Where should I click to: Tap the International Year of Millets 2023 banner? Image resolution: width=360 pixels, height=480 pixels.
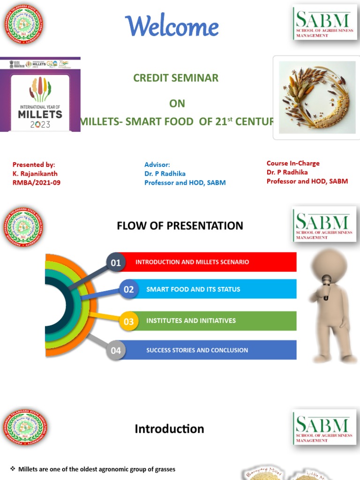click(x=40, y=94)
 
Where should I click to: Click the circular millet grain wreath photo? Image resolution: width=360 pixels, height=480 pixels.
click(x=314, y=97)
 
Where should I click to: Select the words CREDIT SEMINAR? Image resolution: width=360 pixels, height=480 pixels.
click(x=176, y=78)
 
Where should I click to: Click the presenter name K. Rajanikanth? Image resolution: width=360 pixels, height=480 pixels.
click(x=35, y=173)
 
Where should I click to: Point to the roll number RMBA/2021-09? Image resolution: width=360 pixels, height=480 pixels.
click(x=37, y=182)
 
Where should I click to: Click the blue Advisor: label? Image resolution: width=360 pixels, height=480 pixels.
click(x=157, y=165)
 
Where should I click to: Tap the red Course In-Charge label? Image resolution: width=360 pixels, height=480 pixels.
click(x=293, y=163)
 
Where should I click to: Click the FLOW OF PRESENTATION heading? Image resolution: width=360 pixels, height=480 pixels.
click(x=180, y=226)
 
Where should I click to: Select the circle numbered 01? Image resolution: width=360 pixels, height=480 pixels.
click(x=115, y=263)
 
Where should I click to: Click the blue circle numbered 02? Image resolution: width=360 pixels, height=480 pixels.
click(x=128, y=290)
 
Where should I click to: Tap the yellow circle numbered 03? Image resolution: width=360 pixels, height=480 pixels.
click(x=128, y=322)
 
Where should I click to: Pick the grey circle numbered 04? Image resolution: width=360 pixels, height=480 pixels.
click(x=115, y=350)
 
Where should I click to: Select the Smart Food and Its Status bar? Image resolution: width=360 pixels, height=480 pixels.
click(x=216, y=289)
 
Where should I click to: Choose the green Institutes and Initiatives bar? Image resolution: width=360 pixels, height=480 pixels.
click(x=216, y=321)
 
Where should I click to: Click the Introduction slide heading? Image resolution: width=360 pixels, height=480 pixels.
click(x=169, y=429)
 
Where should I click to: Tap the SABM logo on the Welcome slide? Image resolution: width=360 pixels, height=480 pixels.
click(x=325, y=22)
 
